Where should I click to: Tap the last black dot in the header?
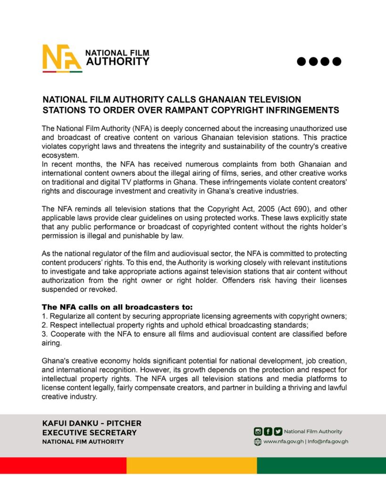coord(337,61)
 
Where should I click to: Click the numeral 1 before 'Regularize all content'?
coord(44,316)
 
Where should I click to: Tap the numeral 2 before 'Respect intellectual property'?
coord(44,325)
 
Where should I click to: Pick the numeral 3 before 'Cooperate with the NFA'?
coord(44,334)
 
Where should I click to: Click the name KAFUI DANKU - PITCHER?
coord(91,423)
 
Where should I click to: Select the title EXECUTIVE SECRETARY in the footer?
coord(89,433)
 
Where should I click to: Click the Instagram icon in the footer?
coord(258,431)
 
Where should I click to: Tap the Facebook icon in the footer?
coord(268,431)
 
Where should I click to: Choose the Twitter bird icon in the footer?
coord(278,431)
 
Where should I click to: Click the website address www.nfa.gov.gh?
coord(283,442)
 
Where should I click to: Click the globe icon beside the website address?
coord(258,442)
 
